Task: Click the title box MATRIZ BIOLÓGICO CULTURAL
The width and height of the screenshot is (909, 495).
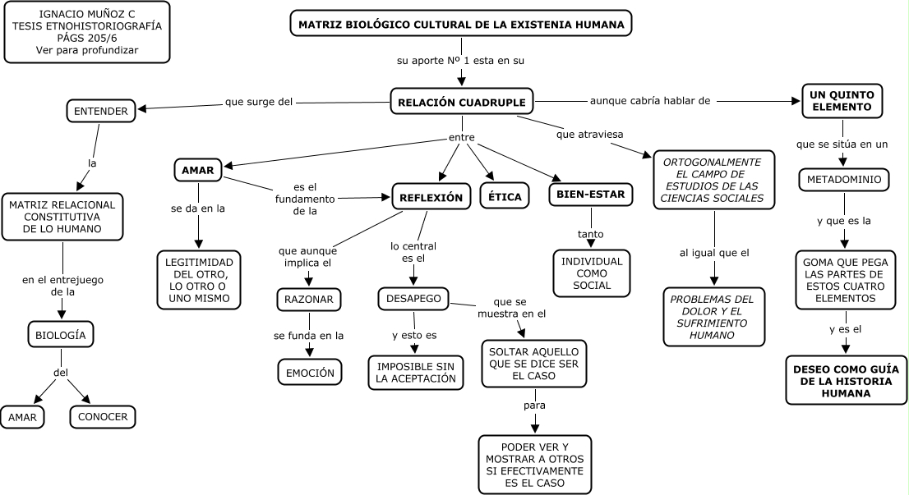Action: [461, 25]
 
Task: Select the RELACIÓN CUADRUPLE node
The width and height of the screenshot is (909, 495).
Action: [462, 102]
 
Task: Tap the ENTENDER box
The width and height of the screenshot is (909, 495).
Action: [100, 111]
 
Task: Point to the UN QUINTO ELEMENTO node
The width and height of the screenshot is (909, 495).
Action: [842, 101]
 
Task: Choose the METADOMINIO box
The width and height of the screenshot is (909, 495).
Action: [843, 179]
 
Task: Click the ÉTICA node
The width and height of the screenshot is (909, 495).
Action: [505, 196]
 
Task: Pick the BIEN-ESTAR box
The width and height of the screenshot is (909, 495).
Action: [591, 195]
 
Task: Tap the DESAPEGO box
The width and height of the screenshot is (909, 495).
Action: [413, 299]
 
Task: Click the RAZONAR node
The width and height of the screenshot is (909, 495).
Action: [309, 300]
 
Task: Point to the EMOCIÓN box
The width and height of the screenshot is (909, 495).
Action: [309, 372]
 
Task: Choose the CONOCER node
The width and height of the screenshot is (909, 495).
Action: [103, 416]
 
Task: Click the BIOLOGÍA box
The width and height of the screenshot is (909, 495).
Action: [61, 335]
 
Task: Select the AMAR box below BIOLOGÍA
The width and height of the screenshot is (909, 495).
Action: [23, 416]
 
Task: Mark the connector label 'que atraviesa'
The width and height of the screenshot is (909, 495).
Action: [586, 135]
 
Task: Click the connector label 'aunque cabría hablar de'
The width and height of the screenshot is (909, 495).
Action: [650, 101]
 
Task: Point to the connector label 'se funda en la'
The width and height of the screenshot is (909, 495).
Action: [309, 335]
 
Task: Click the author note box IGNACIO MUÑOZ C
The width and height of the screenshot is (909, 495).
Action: [87, 32]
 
